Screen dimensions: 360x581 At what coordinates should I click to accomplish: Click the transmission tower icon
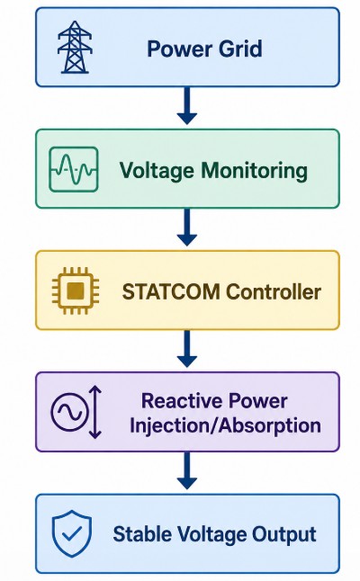(74, 47)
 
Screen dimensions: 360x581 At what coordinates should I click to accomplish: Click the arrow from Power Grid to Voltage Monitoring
(187, 106)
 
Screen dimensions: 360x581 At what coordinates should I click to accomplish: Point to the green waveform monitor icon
(74, 169)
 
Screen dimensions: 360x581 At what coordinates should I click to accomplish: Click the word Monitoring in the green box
(255, 171)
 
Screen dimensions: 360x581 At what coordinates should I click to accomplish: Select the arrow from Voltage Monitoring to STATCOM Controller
(187, 228)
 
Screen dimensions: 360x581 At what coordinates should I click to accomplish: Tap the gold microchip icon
(76, 290)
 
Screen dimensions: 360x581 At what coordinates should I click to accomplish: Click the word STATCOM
(171, 291)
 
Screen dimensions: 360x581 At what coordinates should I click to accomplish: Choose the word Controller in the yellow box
(274, 291)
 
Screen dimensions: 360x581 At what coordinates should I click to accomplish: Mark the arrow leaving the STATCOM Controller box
(187, 349)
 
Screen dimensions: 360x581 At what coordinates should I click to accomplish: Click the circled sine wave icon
(69, 412)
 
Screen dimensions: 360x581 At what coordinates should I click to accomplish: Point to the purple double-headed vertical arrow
(95, 412)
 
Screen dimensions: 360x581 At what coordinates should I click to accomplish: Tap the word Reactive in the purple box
(182, 401)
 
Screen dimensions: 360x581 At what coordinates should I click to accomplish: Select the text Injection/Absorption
(225, 425)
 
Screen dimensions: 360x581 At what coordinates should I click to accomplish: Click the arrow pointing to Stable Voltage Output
(187, 470)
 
